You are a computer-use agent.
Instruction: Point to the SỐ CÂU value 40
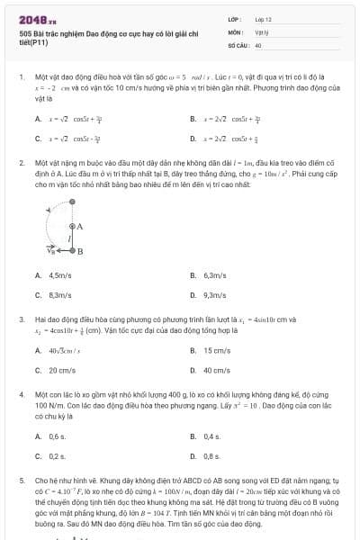coord(258,44)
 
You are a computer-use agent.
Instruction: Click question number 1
coord(22,77)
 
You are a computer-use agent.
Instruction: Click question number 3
coord(22,319)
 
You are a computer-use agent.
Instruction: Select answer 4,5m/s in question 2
coord(59,274)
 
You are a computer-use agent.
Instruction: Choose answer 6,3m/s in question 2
coord(214,274)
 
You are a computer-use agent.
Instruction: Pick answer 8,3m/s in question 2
coord(59,294)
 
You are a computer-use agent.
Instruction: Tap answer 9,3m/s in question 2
coord(214,294)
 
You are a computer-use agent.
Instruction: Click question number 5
coord(22,481)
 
